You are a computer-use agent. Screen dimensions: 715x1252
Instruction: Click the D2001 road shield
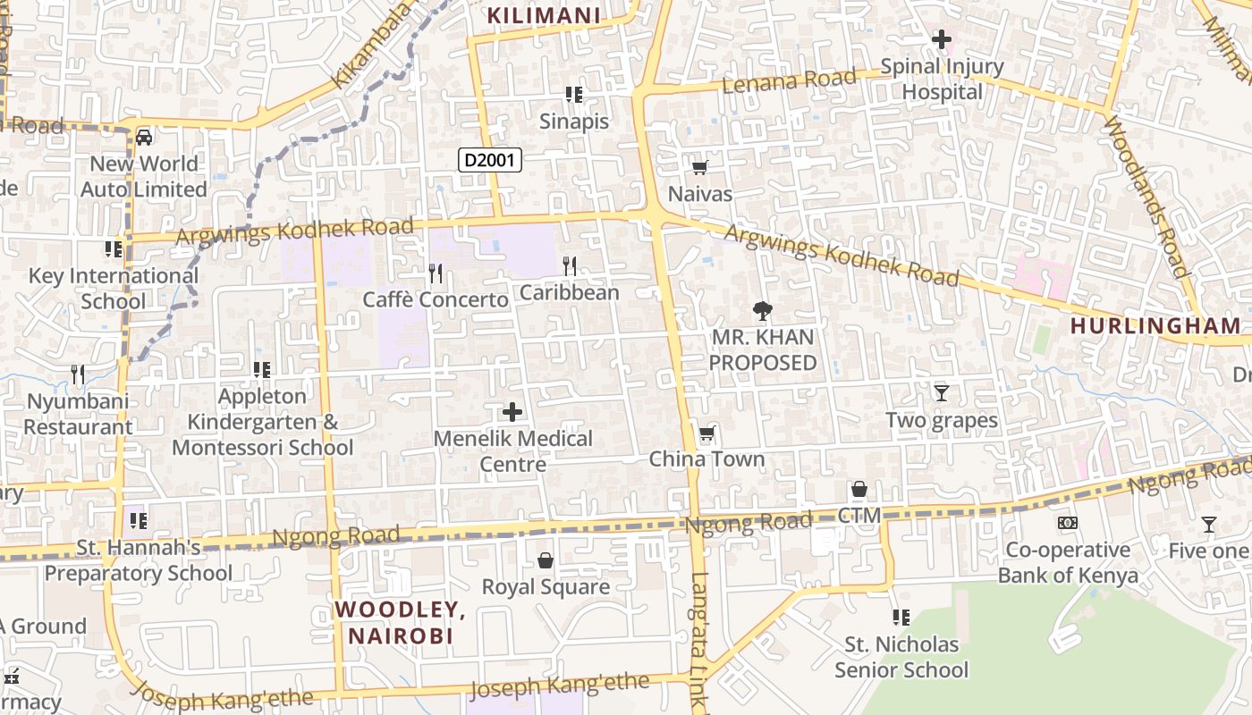490,160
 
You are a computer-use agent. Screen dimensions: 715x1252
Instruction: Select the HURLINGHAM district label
1155,326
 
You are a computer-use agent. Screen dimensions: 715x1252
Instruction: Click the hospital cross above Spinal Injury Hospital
941,39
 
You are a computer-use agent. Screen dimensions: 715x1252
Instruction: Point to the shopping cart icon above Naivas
700,167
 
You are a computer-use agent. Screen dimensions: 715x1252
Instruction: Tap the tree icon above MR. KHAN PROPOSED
762,311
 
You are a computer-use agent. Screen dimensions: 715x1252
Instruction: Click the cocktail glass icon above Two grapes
941,392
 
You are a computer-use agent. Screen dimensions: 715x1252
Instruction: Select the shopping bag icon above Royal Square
546,560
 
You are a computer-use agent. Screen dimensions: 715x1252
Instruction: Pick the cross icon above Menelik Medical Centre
512,412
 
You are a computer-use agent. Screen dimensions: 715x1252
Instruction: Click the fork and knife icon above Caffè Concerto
436,273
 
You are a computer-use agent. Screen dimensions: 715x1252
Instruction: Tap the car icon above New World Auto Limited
144,138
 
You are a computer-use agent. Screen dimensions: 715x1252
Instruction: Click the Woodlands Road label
1146,197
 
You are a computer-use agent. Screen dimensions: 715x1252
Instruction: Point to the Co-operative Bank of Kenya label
1068,562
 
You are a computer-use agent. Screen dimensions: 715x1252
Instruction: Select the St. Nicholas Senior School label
901,657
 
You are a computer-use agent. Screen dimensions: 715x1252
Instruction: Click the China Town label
706,459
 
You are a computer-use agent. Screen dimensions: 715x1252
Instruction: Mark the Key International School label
114,288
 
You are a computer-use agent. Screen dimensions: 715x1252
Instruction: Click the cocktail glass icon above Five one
1209,525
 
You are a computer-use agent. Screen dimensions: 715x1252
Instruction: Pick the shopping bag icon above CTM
859,489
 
